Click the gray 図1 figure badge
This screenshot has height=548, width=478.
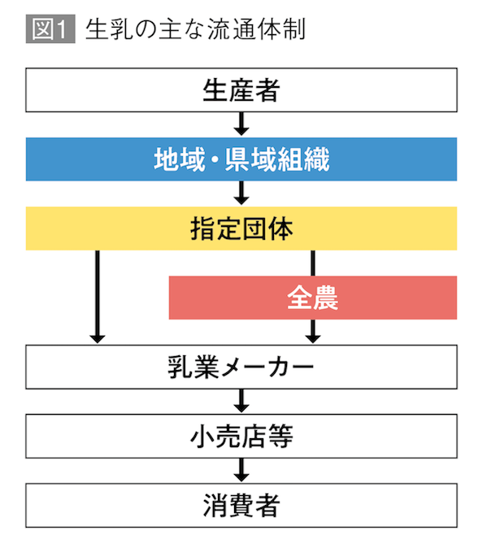pos(50,30)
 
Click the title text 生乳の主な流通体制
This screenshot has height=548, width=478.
pos(195,30)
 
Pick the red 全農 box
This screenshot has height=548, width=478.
pos(313,298)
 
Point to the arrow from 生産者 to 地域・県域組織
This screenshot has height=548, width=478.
pos(241,124)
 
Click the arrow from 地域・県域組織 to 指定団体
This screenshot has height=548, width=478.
pos(241,194)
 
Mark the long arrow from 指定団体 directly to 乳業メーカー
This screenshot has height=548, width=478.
pos(97,297)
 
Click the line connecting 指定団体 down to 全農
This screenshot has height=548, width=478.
pos(313,263)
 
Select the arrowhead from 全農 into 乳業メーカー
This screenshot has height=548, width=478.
pos(313,333)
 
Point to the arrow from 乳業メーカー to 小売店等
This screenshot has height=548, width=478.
pos(241,401)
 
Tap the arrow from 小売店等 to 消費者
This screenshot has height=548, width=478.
pos(241,470)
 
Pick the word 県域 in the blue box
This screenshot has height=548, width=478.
pos(253,159)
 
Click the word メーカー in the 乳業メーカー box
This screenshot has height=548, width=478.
pos(276,367)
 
